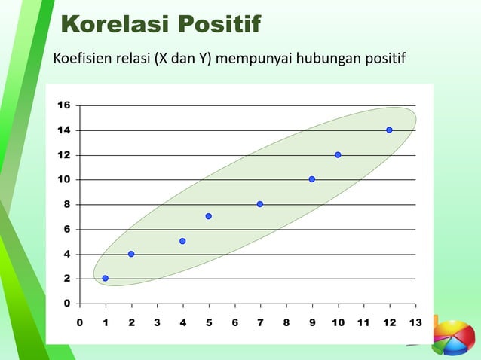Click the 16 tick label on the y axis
[x=63, y=105]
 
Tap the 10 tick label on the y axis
[x=63, y=180]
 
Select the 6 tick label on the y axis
[x=66, y=229]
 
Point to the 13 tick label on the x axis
[x=415, y=323]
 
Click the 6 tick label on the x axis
[x=234, y=323]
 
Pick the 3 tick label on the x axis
[x=157, y=323]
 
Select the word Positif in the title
[x=218, y=24]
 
